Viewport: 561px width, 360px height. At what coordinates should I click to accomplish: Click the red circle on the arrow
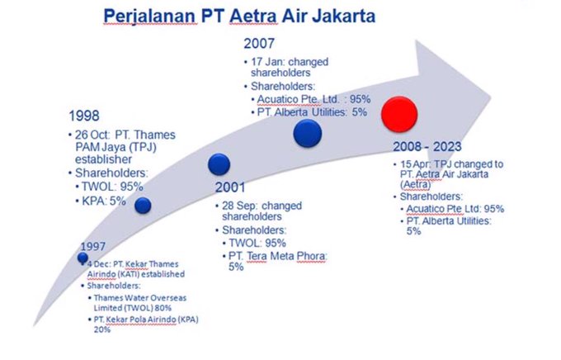(399, 114)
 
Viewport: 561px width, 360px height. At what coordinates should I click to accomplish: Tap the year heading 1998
(84, 116)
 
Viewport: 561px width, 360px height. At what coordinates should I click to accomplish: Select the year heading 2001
(230, 187)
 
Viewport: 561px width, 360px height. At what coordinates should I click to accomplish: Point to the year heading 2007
(259, 44)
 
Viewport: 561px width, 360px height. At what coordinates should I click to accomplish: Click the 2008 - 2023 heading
(427, 146)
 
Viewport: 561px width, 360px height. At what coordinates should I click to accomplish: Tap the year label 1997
(92, 246)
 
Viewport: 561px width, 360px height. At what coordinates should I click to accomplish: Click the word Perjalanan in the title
(150, 17)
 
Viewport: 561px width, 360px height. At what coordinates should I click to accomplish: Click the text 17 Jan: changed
(290, 62)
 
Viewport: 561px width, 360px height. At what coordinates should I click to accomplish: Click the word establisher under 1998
(103, 159)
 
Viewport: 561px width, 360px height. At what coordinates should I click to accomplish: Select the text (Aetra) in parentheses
(415, 184)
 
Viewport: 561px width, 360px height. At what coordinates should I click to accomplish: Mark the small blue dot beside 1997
(82, 258)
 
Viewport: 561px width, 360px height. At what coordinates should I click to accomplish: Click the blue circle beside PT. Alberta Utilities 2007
(308, 133)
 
